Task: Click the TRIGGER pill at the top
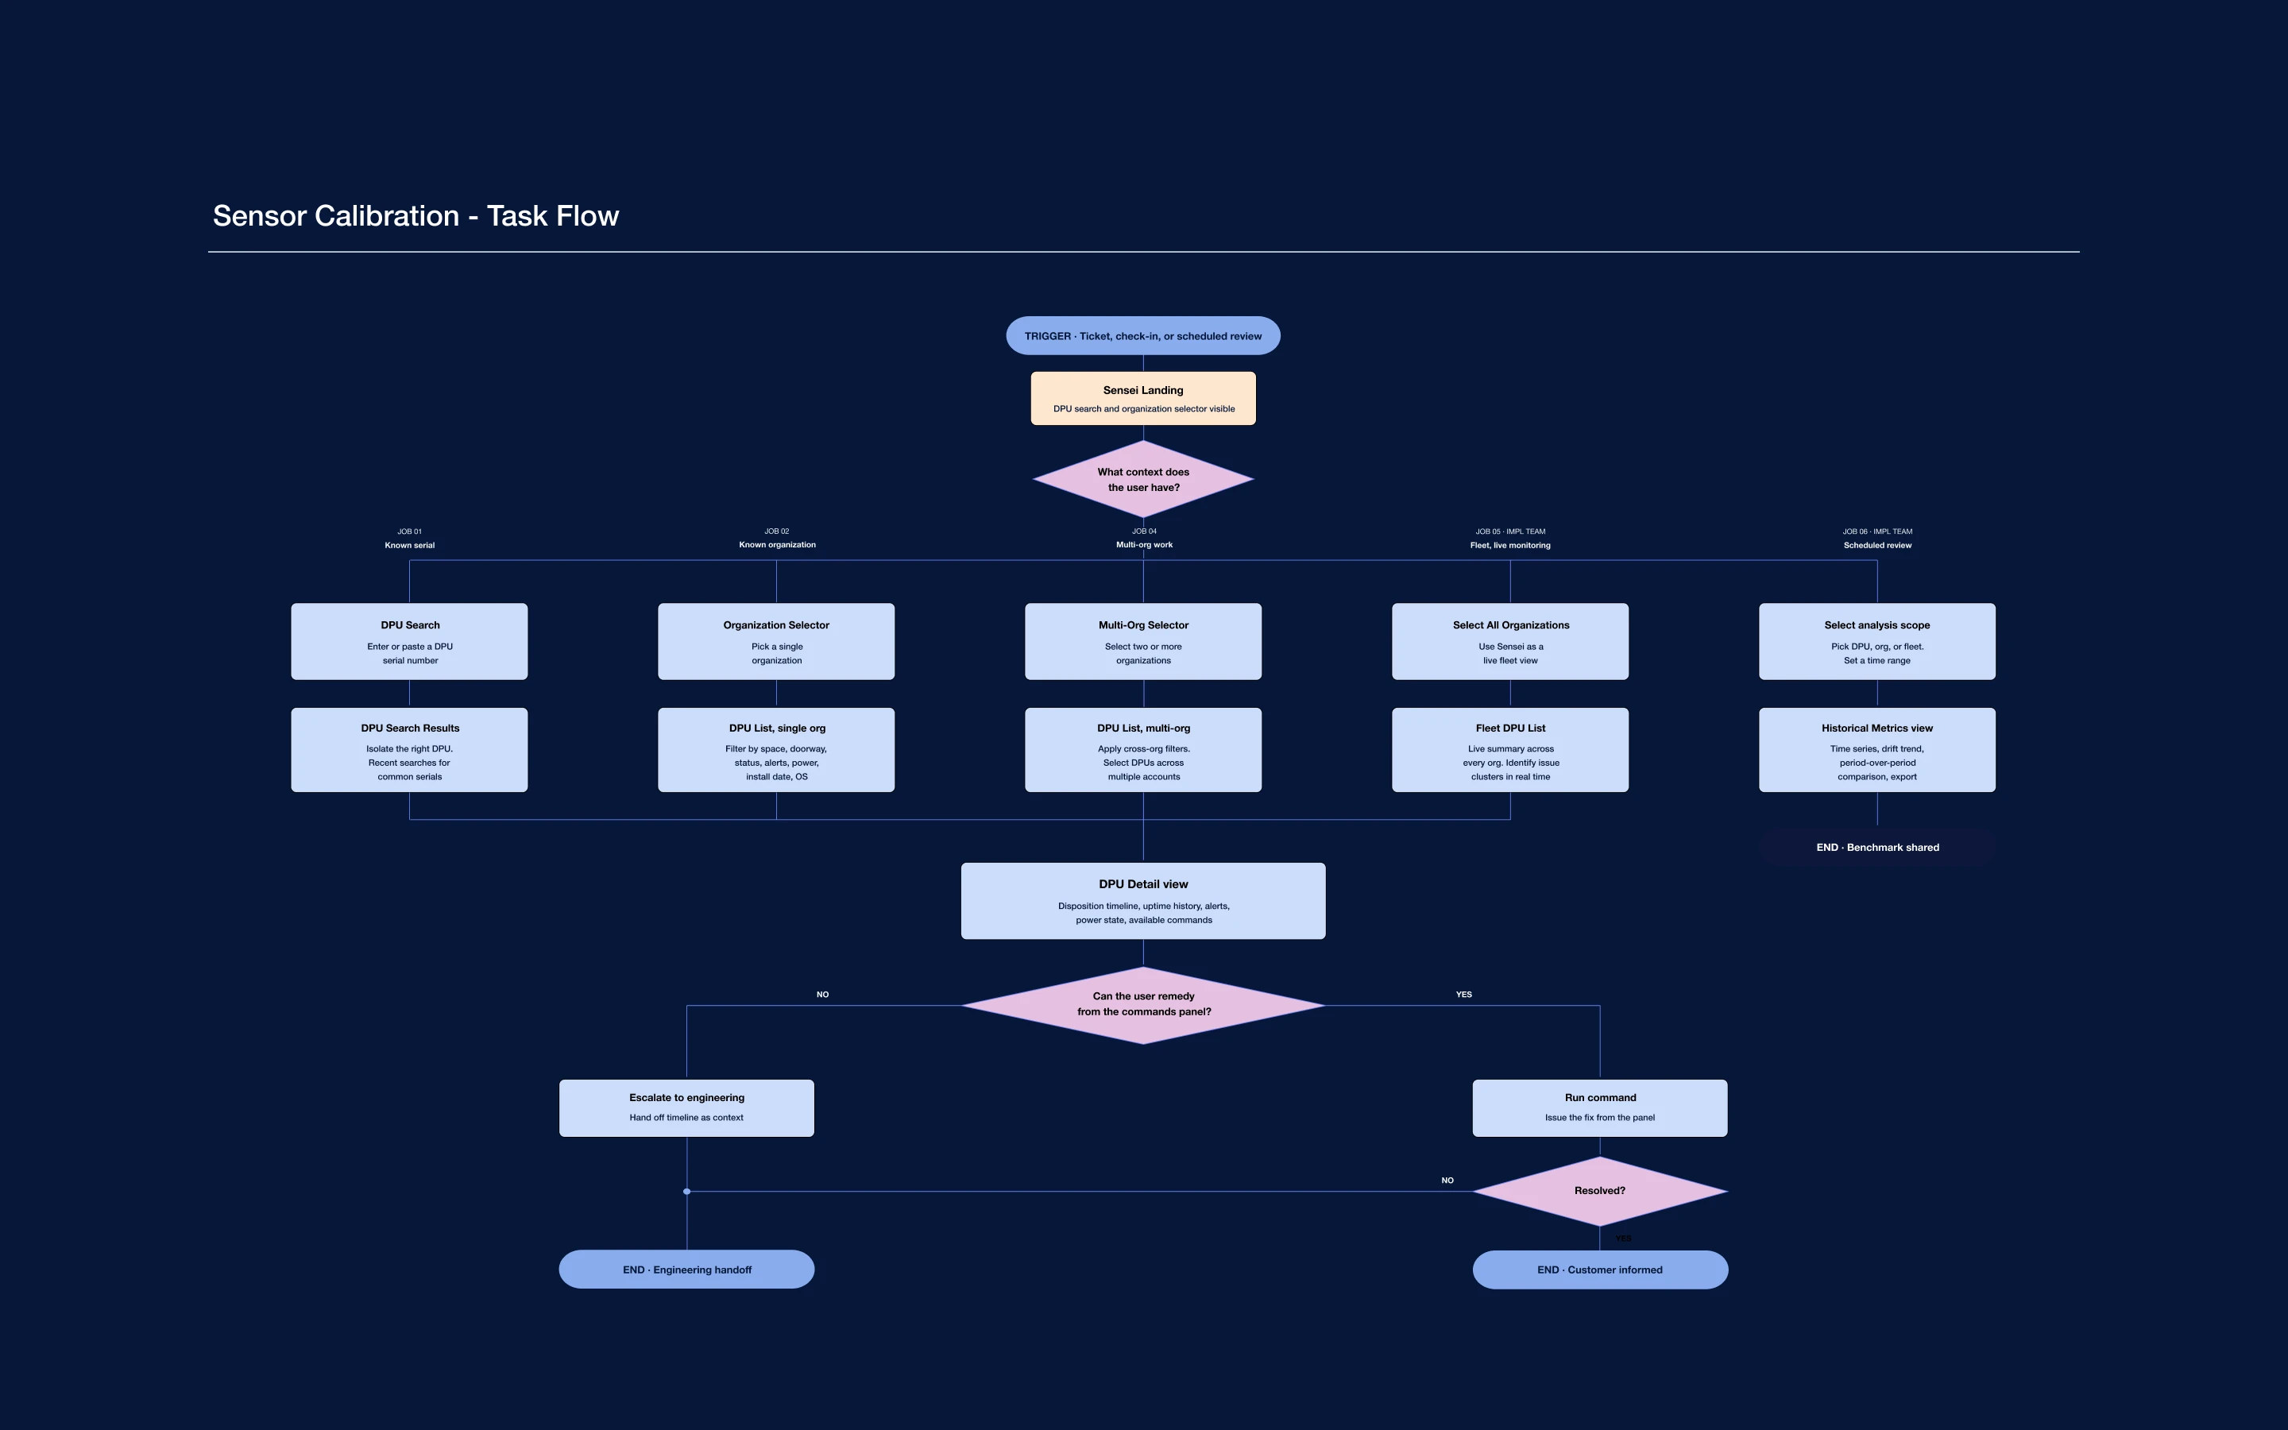click(x=1142, y=336)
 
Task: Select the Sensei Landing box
click(x=1142, y=398)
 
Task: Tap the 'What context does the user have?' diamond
click(x=1142, y=480)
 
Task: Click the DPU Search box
click(x=409, y=641)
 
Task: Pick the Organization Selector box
click(x=776, y=641)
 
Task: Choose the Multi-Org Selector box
click(x=1142, y=641)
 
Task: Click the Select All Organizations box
click(x=1510, y=641)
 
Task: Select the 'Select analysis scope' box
click(x=1876, y=641)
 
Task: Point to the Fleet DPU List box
click(x=1510, y=750)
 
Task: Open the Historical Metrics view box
click(x=1876, y=750)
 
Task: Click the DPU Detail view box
click(x=1142, y=900)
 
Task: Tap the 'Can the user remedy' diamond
click(x=1142, y=1004)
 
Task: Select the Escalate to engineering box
click(x=686, y=1107)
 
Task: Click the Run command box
click(x=1600, y=1107)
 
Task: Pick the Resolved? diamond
click(x=1600, y=1191)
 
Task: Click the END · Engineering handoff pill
click(x=686, y=1270)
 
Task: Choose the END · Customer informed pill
click(x=1600, y=1270)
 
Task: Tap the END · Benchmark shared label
click(x=1876, y=848)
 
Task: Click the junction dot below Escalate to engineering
click(x=686, y=1192)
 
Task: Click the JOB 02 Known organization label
click(x=776, y=538)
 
